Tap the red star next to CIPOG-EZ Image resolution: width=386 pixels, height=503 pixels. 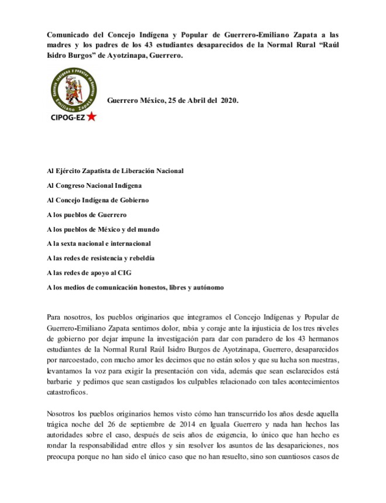click(x=92, y=117)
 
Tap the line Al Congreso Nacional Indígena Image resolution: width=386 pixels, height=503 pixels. click(x=95, y=185)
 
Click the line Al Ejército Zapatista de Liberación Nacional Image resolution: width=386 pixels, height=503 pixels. click(x=115, y=171)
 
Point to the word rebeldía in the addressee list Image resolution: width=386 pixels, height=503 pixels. click(x=145, y=258)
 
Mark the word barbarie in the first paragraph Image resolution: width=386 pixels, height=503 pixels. click(x=61, y=380)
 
